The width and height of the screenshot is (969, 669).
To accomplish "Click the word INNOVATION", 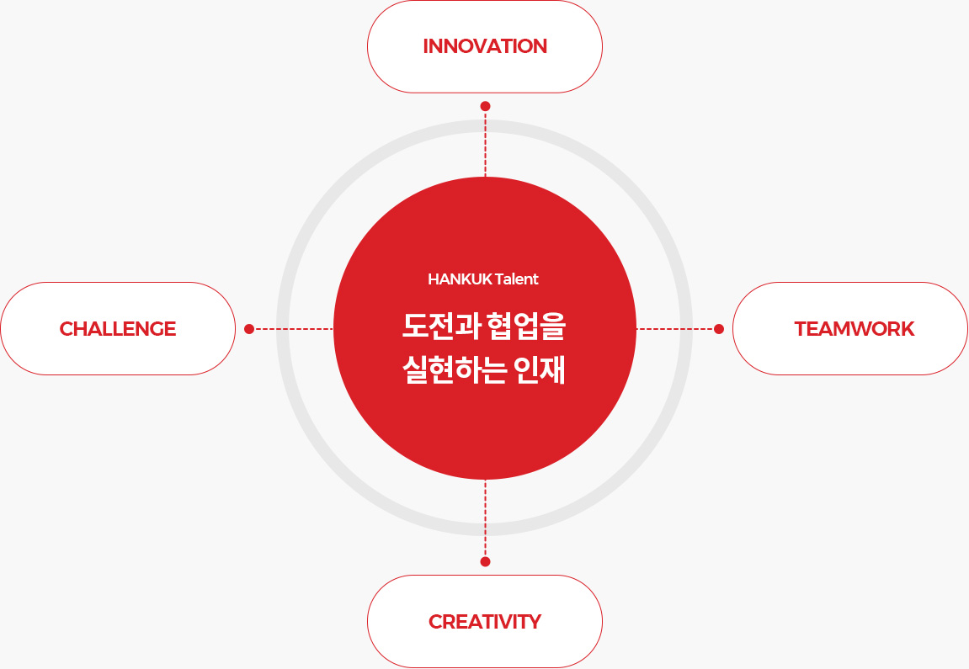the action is [x=485, y=46].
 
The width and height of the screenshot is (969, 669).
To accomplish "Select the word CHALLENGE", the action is [x=118, y=329].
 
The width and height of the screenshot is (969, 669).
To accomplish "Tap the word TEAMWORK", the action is [x=854, y=329].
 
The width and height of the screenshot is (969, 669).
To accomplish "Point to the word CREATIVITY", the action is [x=485, y=621].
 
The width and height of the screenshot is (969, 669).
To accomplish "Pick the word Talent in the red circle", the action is [x=517, y=279].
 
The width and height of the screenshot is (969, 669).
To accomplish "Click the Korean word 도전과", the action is [x=441, y=327].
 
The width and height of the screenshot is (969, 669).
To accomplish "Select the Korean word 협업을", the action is [x=526, y=327].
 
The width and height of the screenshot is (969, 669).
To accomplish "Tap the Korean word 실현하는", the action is [x=455, y=370].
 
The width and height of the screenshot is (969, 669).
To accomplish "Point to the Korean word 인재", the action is [x=540, y=370].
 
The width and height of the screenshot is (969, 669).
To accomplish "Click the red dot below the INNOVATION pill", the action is [x=485, y=106].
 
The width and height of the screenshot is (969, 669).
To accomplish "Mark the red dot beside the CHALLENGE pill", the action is [x=249, y=329].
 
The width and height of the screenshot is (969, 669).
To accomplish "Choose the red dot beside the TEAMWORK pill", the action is [x=719, y=329].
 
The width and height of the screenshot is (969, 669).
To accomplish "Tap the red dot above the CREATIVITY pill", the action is [x=485, y=561].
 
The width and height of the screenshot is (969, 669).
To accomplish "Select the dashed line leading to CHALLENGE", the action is [x=294, y=329].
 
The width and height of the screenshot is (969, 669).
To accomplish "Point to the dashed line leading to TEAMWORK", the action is [x=675, y=329].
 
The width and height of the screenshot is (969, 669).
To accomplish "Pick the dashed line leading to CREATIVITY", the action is [x=485, y=518].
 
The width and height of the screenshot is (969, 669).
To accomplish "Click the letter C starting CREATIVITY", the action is [x=436, y=621].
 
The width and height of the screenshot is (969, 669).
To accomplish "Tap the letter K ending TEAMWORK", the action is [x=908, y=329].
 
